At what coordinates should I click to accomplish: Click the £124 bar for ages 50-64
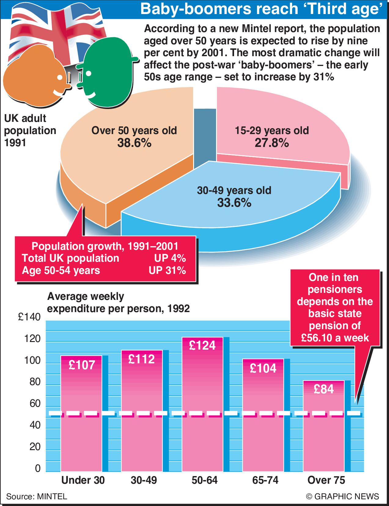click(203, 406)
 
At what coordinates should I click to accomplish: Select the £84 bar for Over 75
click(324, 428)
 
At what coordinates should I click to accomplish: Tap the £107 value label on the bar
click(82, 365)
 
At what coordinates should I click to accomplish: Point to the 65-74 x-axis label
click(265, 480)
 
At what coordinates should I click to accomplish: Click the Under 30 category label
click(83, 480)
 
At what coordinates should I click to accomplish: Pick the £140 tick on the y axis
click(29, 317)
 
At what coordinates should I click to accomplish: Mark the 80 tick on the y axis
click(35, 382)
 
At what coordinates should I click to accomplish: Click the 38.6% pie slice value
click(134, 143)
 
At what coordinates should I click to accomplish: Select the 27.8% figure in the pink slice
click(272, 143)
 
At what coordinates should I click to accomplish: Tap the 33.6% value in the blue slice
click(234, 203)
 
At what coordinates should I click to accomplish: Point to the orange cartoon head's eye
click(60, 77)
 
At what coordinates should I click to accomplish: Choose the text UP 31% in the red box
click(167, 271)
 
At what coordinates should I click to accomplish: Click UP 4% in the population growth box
click(170, 258)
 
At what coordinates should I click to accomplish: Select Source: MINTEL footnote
click(37, 497)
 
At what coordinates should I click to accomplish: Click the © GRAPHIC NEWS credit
click(342, 497)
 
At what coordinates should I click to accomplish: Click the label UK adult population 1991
click(30, 130)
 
